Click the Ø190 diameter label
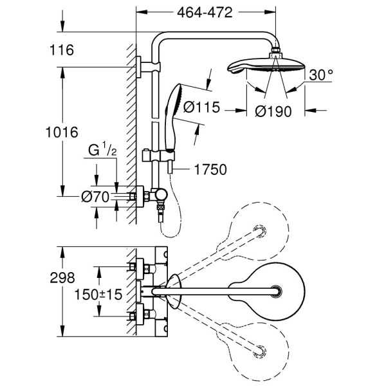coord(271,111)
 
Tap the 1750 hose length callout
coord(210,170)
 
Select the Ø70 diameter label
coord(96,197)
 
